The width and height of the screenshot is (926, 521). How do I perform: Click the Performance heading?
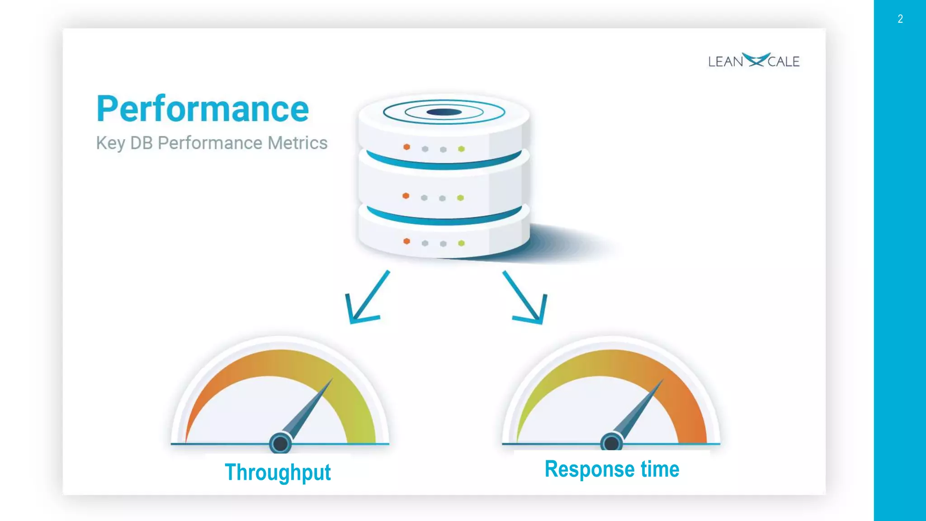pos(203,109)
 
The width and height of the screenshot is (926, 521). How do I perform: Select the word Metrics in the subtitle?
pos(297,143)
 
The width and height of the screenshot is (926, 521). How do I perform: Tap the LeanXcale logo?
pos(754,61)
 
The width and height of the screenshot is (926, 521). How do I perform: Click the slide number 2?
pos(900,19)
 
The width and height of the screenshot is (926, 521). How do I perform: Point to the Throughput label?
pos(278,472)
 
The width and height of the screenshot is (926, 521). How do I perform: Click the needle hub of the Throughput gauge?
pos(280,443)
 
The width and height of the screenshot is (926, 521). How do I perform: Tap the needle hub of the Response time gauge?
pos(612,442)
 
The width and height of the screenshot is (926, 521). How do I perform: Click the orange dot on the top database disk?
pos(406,147)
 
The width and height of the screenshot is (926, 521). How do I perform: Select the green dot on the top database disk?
pos(461,149)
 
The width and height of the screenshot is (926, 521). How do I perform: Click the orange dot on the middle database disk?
pos(406,196)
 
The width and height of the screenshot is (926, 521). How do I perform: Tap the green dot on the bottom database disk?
pos(461,243)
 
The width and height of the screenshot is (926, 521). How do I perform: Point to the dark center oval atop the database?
pos(444,112)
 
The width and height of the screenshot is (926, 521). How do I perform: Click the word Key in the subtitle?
pos(110,143)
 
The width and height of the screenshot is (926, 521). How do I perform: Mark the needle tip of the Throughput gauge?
pos(331,380)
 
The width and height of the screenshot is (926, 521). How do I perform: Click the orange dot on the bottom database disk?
pos(406,242)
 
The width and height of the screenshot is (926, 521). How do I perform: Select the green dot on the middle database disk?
pos(460,198)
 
